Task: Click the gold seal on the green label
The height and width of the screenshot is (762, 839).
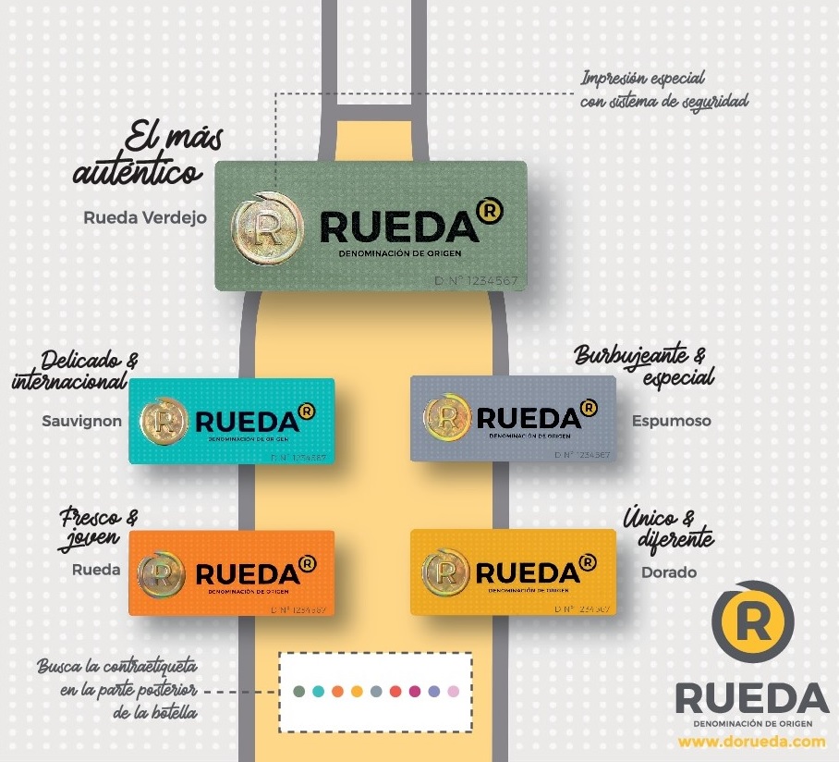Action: click(267, 226)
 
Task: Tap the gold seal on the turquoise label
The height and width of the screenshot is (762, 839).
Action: click(164, 421)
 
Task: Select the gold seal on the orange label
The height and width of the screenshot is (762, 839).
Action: click(162, 572)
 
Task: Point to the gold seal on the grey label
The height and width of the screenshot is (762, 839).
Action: click(445, 418)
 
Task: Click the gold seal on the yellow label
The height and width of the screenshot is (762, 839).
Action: click(445, 571)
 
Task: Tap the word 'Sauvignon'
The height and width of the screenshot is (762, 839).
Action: click(81, 421)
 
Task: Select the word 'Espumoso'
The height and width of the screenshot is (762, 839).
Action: click(672, 421)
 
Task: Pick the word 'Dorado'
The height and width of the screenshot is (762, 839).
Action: click(669, 572)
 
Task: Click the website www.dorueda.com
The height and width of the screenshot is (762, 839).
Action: click(751, 742)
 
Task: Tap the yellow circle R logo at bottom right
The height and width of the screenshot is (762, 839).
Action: click(752, 622)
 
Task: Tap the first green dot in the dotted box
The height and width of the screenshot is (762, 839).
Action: click(298, 691)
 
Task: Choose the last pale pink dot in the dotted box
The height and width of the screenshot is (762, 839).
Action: click(453, 691)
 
